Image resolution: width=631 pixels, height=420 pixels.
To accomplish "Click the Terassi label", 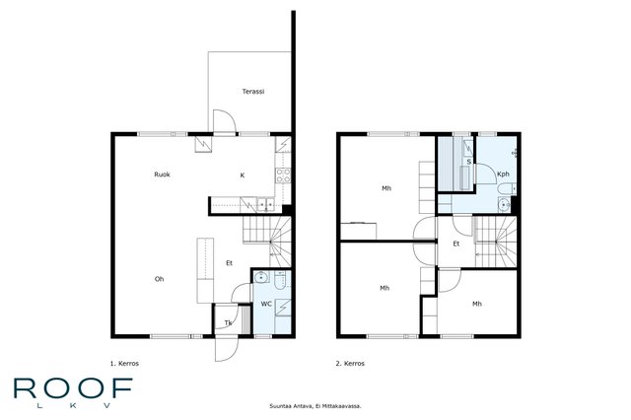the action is [253, 92].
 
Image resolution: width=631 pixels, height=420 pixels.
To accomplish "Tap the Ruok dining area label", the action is [162, 175].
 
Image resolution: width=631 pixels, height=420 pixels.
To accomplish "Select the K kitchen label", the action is [243, 175].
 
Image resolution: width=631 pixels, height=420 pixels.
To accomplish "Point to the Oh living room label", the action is [160, 279].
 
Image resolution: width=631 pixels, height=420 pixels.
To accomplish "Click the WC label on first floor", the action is [266, 304].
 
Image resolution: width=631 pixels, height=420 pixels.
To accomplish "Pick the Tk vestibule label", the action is [228, 322].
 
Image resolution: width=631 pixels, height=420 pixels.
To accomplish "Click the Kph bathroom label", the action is [503, 175].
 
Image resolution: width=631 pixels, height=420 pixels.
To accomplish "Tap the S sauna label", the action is [469, 162].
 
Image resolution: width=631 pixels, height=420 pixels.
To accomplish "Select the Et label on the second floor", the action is [456, 244].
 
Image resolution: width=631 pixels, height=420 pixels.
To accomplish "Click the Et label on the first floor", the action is [229, 263].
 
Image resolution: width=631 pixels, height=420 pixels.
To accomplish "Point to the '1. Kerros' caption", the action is [124, 363].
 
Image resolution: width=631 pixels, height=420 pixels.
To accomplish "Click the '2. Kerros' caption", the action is [350, 363].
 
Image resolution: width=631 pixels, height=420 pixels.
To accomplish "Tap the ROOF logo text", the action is [73, 388].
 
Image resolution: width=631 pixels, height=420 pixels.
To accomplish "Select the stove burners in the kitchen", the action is [283, 175].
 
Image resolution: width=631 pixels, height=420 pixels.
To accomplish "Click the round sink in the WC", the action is [261, 277].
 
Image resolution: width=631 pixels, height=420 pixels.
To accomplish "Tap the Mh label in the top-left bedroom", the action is [386, 188].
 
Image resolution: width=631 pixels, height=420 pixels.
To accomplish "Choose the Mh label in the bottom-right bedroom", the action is [477, 304].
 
